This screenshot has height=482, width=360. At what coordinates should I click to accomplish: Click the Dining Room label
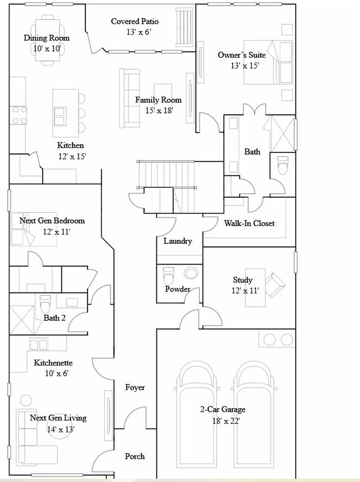pyautogui.click(x=47, y=38)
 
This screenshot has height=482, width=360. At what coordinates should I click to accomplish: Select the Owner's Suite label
pyautogui.click(x=241, y=55)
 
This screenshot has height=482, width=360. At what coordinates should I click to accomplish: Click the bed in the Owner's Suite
pyautogui.click(x=269, y=62)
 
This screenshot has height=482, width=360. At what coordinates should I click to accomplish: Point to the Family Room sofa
pyautogui.click(x=131, y=98)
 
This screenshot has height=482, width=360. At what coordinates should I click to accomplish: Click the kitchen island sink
pyautogui.click(x=60, y=116)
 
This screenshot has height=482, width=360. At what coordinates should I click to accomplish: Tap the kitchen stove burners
pyautogui.click(x=19, y=115)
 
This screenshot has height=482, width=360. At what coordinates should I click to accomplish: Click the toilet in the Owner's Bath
pyautogui.click(x=282, y=166)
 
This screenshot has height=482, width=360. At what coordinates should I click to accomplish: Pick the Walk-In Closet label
pyautogui.click(x=249, y=223)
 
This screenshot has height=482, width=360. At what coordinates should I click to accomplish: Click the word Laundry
pyautogui.click(x=178, y=241)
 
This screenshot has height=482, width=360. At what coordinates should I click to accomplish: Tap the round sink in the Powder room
pyautogui.click(x=192, y=273)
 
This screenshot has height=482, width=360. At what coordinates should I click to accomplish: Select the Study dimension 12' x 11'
pyautogui.click(x=245, y=290)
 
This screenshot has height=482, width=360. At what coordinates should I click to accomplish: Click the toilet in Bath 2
pyautogui.click(x=45, y=303)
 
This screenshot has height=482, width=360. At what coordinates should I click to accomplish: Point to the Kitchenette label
pyautogui.click(x=53, y=363)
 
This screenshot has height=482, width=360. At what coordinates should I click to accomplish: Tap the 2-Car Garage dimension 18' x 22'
pyautogui.click(x=223, y=421)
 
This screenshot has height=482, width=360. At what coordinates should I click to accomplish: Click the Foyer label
pyautogui.click(x=135, y=387)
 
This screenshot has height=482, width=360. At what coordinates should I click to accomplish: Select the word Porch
pyautogui.click(x=135, y=456)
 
